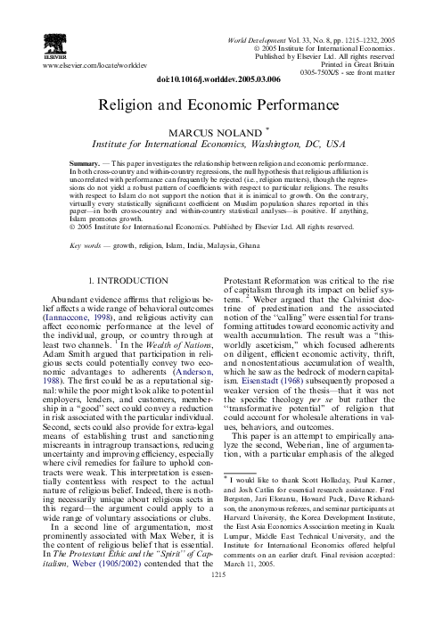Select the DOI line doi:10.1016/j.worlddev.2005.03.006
tap(218, 79)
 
